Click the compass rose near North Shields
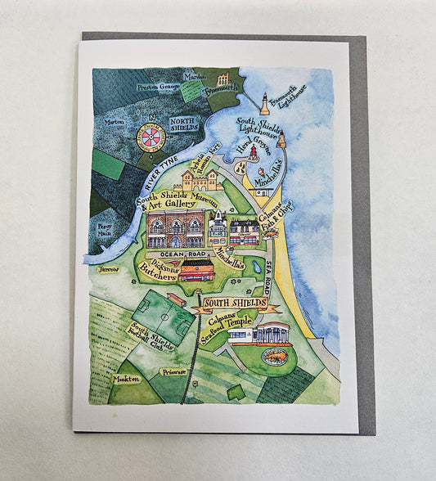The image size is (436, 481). coord(151,137)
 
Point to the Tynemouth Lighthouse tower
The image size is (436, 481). coord(264,103)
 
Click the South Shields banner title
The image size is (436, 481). coord(235,303)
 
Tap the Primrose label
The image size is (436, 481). coord(173,371)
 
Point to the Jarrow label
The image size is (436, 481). coord(107,268)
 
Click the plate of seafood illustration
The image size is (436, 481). coord(274,357)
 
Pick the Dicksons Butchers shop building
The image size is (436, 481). coord(196,271)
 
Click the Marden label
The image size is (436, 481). coord(195,76)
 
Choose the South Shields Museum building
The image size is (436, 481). coord(175,228)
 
